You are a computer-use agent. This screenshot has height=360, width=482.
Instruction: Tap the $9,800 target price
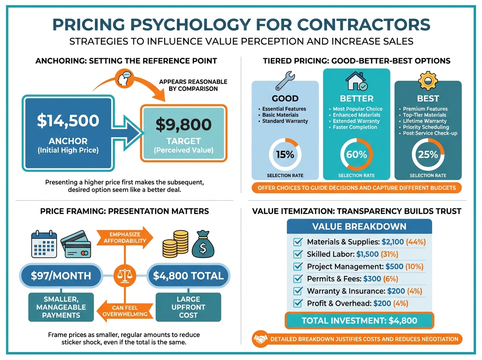[184, 125]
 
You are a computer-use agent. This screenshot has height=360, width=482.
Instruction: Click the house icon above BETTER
[356, 81]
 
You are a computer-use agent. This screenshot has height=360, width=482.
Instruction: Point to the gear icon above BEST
[428, 81]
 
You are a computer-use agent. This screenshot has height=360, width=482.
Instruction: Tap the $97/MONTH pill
[61, 276]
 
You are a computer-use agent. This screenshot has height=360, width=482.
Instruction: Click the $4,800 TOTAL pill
[188, 276]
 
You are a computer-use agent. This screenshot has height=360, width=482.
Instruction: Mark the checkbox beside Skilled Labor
[298, 254]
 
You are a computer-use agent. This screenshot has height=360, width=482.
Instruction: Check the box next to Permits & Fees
[298, 279]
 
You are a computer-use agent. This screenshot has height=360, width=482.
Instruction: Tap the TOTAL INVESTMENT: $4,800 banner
[359, 321]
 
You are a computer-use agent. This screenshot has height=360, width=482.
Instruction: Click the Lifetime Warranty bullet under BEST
[425, 121]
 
